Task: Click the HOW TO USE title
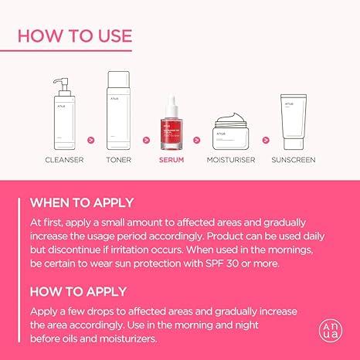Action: pyautogui.click(x=74, y=35)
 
